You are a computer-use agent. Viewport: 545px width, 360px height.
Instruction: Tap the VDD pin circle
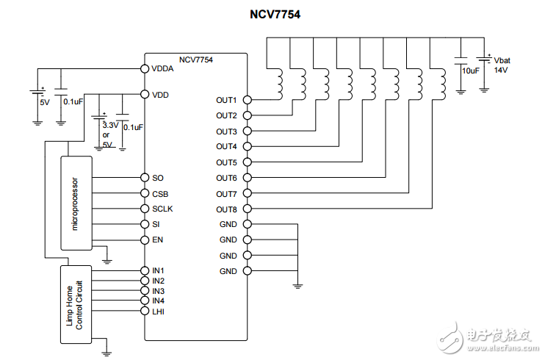coord(145,95)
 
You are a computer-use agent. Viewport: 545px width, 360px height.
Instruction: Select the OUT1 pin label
coord(226,100)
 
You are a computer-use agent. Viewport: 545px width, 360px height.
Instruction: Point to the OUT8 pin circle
coord(247,209)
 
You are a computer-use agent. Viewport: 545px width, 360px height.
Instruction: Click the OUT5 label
coord(226,162)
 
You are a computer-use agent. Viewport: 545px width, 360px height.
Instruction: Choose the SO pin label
coord(158,178)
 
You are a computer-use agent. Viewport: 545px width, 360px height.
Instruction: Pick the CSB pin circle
coord(145,193)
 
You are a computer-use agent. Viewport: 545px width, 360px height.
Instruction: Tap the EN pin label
coord(158,240)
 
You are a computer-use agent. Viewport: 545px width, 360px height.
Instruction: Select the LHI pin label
coord(159,312)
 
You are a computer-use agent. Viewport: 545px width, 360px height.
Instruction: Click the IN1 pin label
coord(159,270)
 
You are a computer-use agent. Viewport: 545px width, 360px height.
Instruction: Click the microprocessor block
coord(76,203)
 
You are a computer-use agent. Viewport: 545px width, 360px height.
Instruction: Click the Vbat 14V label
coord(501,65)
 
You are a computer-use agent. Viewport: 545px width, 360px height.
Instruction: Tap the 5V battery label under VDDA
coord(44,103)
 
